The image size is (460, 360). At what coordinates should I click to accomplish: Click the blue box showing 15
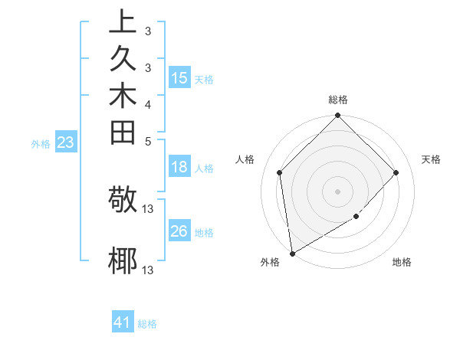coord(179,78)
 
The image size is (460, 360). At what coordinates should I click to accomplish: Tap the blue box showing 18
coord(179,168)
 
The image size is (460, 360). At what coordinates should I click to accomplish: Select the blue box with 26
coord(179,231)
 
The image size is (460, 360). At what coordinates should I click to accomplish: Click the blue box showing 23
coord(66,142)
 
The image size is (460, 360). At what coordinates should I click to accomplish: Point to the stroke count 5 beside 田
coord(148,141)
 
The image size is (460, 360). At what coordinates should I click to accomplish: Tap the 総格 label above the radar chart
coord(338,100)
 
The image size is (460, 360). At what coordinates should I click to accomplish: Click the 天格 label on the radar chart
coord(431,159)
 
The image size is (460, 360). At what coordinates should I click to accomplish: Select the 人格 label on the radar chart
coord(245,159)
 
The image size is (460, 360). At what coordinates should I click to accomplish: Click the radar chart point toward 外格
coord(292,253)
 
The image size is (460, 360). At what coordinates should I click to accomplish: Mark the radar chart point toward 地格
coord(356,217)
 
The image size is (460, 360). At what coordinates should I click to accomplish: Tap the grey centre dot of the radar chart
coord(338,191)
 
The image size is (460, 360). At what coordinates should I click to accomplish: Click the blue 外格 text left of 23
coord(41,143)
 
